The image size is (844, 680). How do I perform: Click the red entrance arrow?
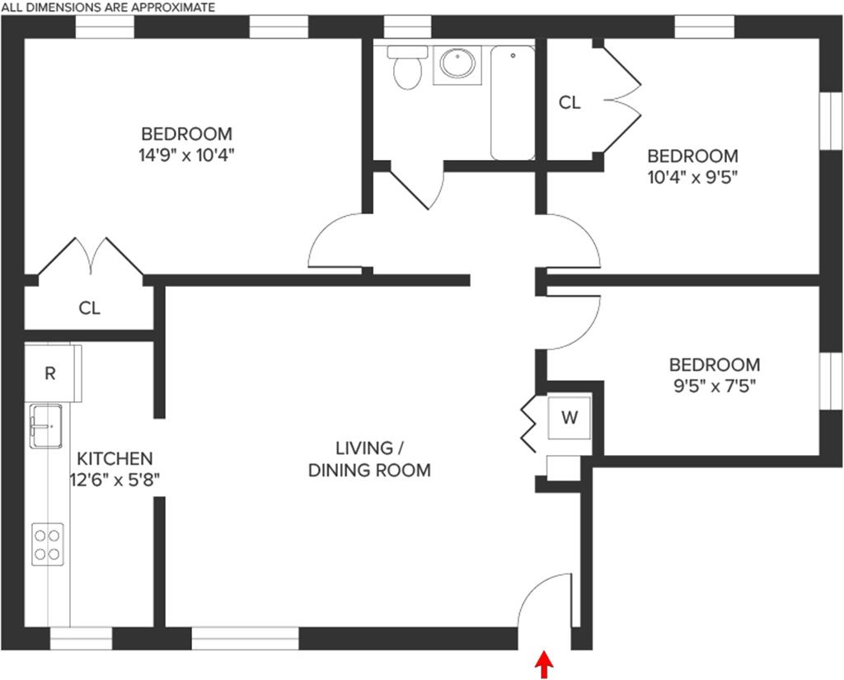(545, 664)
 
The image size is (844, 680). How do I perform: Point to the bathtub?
(513, 102)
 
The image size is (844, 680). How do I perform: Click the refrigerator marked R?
(51, 373)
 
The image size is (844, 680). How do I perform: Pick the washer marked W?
(569, 418)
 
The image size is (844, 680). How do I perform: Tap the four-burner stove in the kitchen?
(48, 544)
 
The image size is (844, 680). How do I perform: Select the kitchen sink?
(48, 425)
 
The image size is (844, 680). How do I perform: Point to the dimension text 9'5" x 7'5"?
(714, 385)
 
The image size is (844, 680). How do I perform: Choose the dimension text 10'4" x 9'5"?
(692, 176)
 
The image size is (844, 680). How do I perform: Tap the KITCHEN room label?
(115, 458)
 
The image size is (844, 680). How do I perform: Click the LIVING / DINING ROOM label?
(369, 459)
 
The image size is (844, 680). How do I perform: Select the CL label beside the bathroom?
(570, 102)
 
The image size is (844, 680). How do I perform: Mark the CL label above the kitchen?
(90, 308)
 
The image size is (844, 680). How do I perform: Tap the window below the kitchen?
(81, 639)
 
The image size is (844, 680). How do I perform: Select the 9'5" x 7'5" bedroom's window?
(831, 380)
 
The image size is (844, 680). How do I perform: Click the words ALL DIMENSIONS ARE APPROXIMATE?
(108, 7)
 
